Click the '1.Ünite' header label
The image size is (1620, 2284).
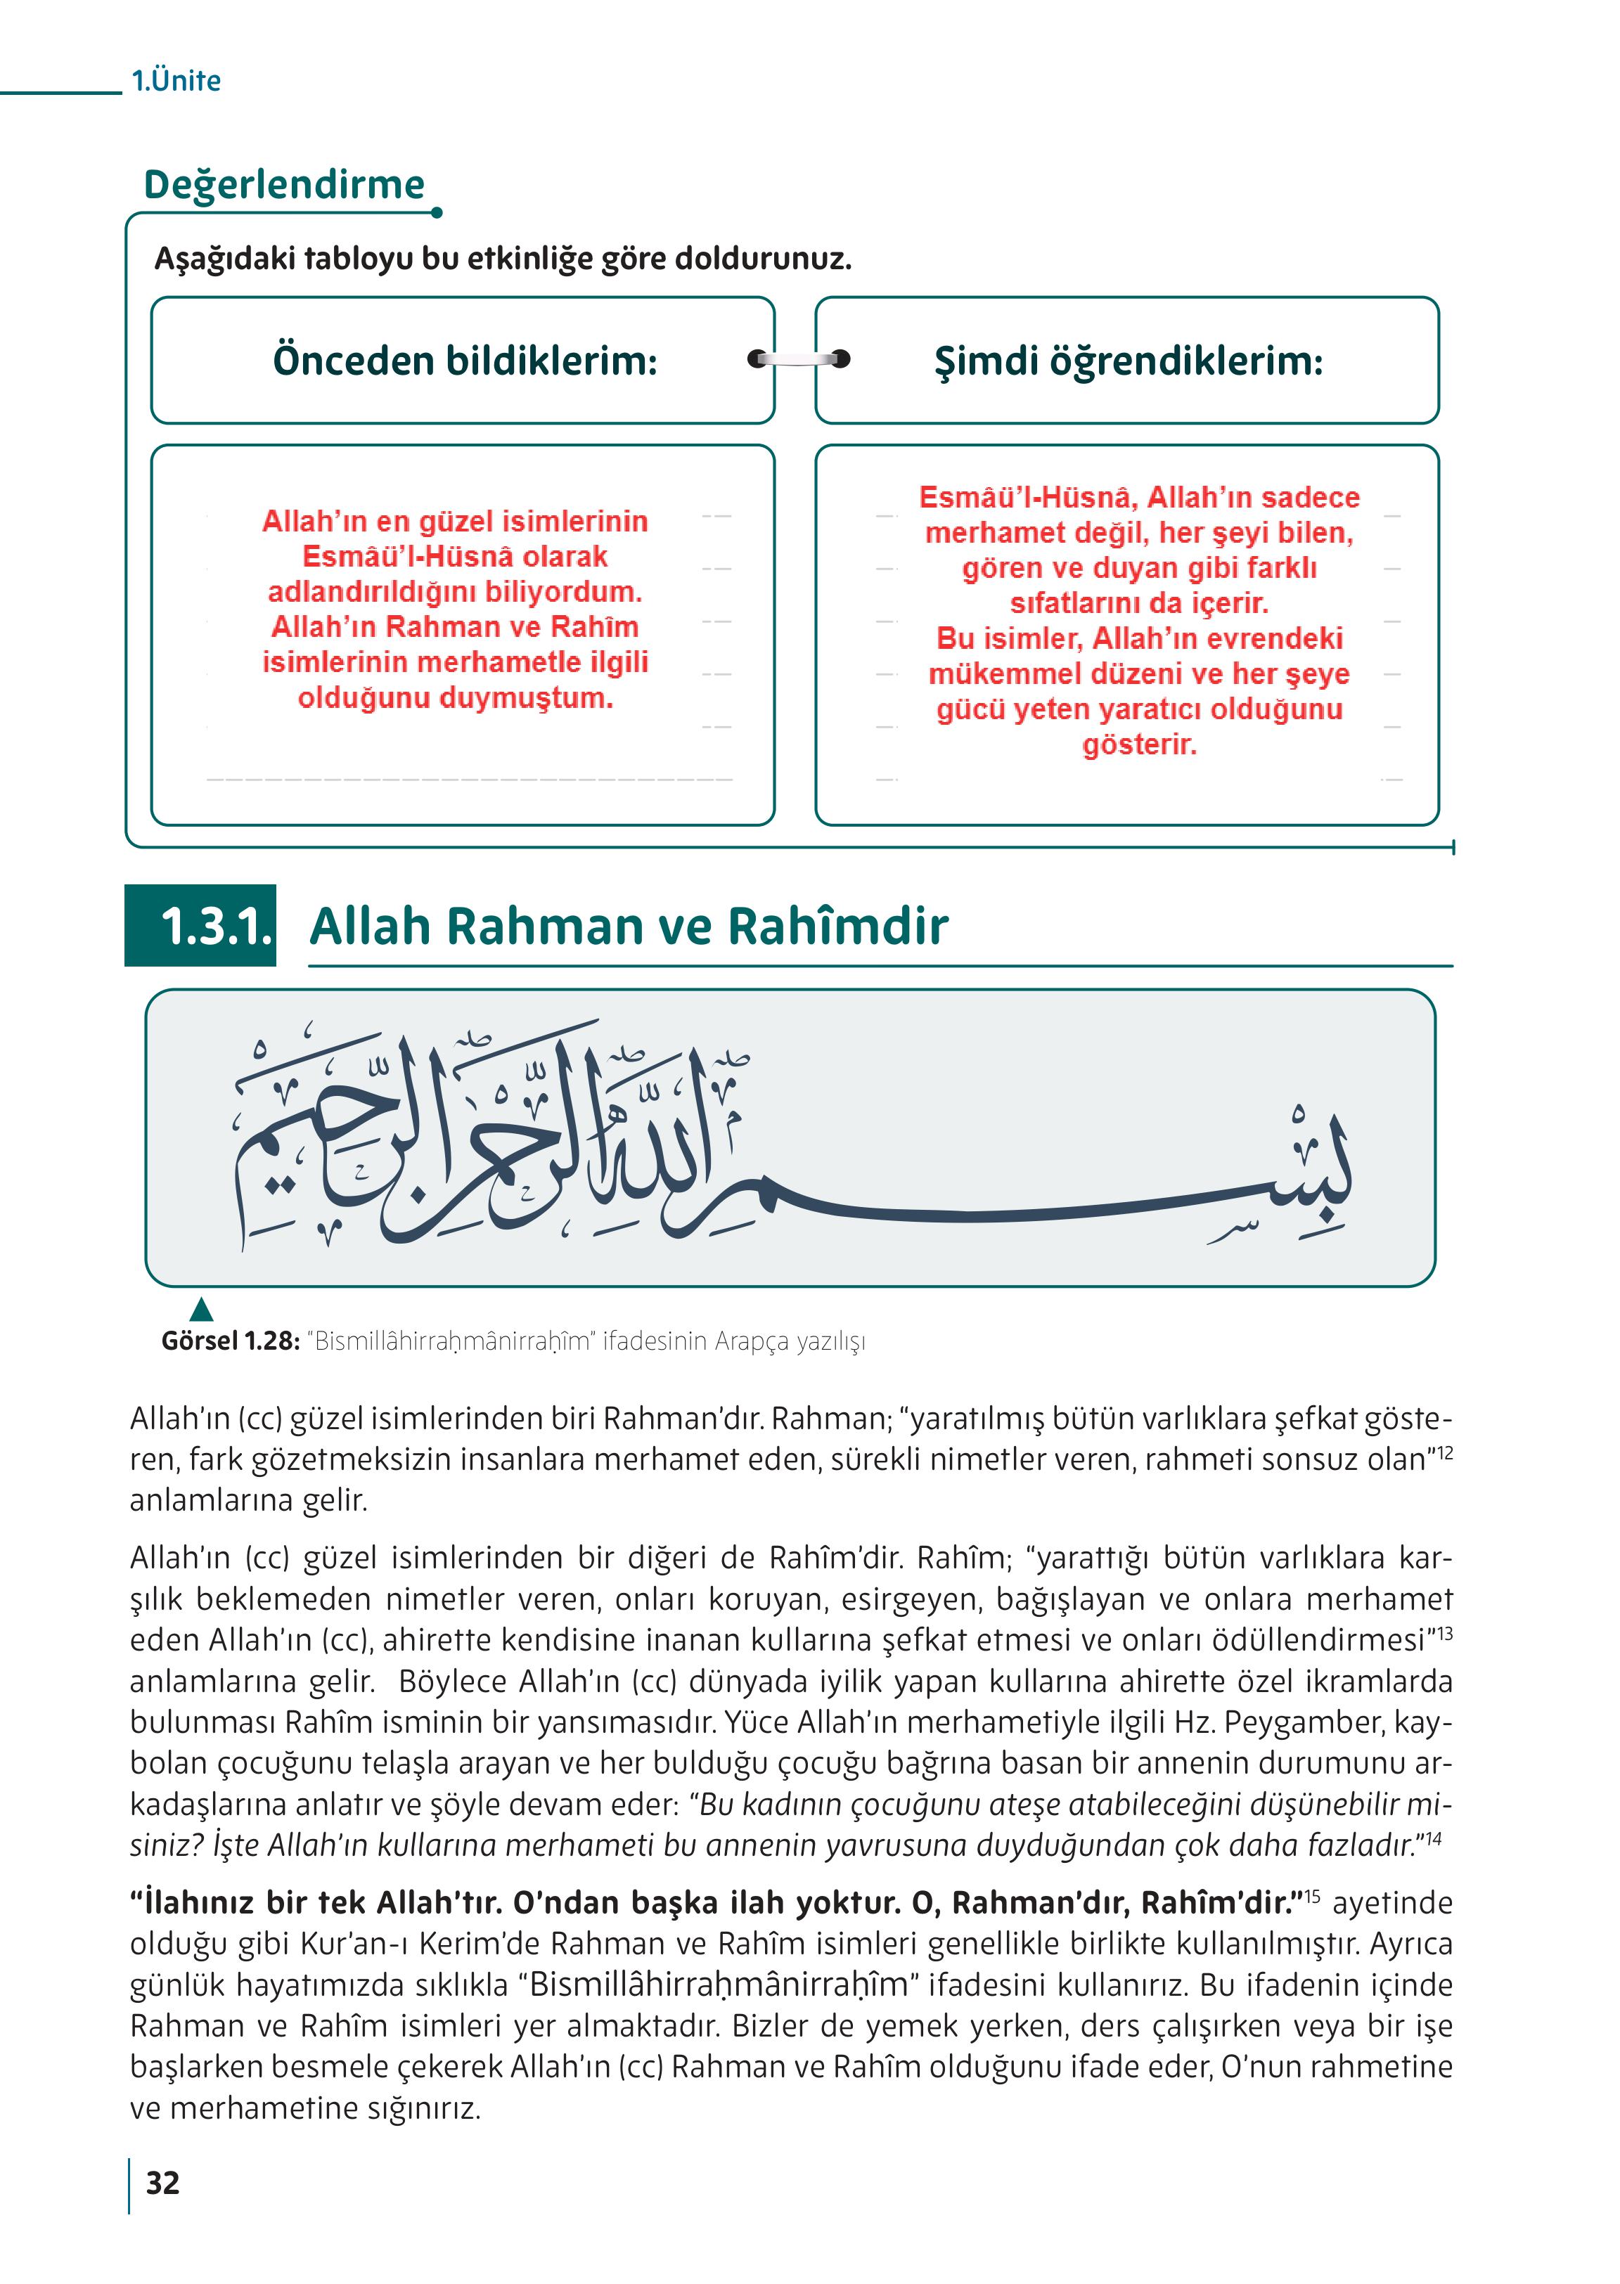(176, 81)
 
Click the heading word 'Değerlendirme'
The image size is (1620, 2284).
(284, 186)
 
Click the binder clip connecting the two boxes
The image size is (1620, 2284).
(798, 359)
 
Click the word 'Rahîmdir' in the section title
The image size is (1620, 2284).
(837, 927)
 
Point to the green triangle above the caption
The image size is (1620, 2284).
(202, 1310)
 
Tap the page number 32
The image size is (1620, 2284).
(162, 2183)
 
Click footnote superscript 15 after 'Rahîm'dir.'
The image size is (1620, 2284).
(1313, 1896)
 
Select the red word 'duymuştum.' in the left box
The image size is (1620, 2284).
(455, 698)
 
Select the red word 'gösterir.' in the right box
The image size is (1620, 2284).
(1138, 745)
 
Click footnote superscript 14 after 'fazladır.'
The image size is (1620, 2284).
(1434, 1838)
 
